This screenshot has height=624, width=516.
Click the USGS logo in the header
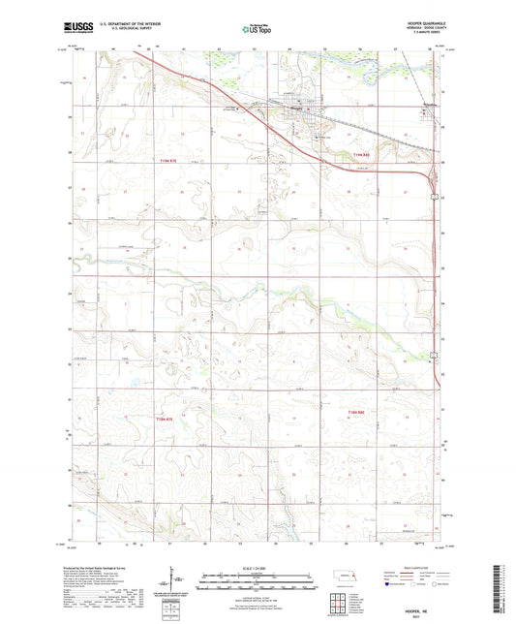pos(76,29)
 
